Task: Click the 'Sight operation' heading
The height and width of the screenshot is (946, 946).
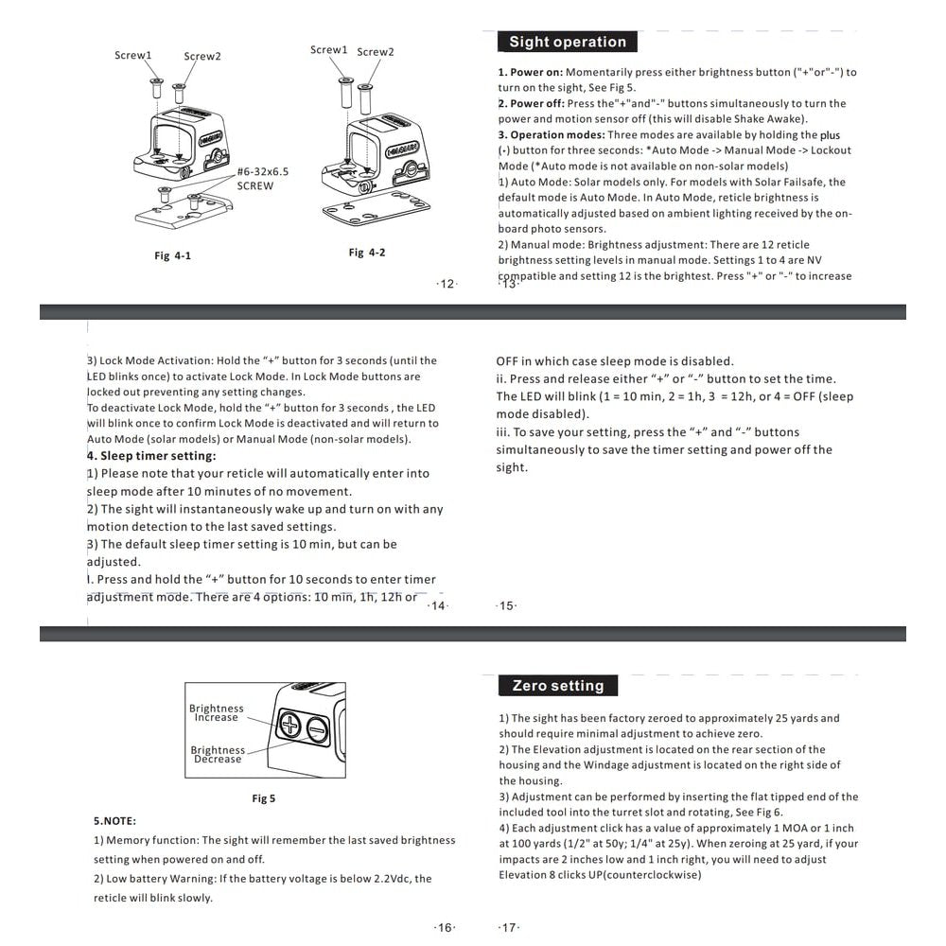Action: pos(567,42)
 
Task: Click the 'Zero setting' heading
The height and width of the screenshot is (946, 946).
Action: pos(558,685)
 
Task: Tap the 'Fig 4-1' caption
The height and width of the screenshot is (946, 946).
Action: pos(172,255)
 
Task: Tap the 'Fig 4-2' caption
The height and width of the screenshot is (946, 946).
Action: pos(367,253)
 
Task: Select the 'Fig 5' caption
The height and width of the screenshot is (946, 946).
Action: pos(264,798)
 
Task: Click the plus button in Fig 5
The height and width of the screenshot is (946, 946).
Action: pos(289,725)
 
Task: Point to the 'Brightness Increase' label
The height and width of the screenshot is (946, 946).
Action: pos(216,712)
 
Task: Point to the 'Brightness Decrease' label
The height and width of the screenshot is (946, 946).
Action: pos(218,754)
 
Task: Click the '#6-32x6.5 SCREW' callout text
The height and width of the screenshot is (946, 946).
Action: pos(262,179)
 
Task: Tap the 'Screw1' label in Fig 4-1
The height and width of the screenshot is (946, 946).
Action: pos(132,55)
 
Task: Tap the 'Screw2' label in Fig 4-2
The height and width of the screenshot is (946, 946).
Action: pos(376,52)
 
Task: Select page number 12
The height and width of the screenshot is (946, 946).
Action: pos(447,284)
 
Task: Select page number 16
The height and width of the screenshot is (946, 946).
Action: pos(445,927)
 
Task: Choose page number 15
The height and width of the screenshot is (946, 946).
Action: pos(506,605)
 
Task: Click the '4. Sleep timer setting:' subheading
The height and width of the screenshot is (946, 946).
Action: pos(151,456)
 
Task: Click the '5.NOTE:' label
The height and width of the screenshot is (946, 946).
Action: pos(114,821)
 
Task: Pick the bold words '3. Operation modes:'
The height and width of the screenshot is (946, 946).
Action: pos(552,134)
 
